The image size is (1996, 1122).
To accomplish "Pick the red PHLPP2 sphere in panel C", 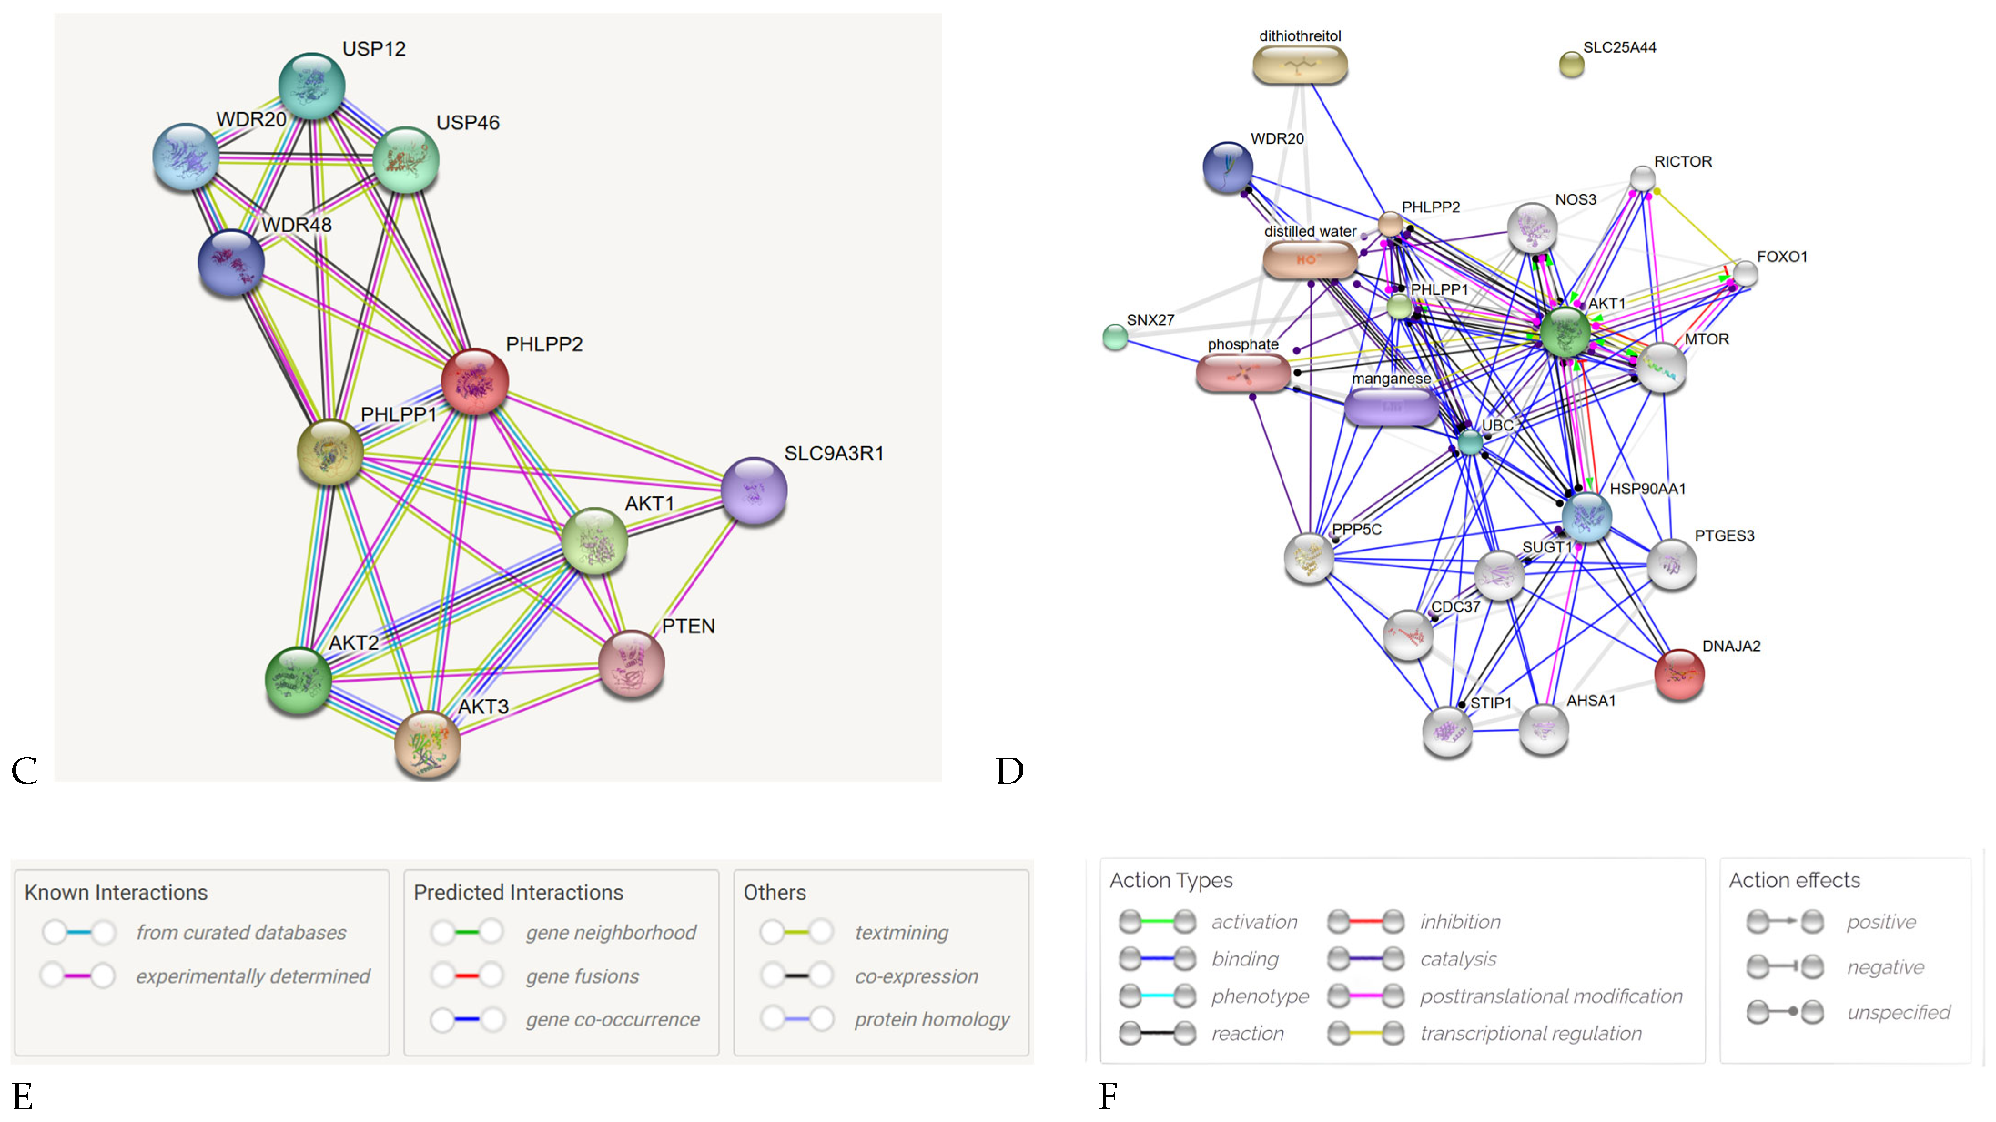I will coord(474,381).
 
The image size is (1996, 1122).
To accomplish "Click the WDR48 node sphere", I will coord(231,262).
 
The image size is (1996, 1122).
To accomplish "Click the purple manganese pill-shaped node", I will coord(1392,406).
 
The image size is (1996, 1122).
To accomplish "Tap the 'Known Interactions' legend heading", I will coord(116,893).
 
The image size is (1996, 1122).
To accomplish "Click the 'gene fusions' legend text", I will coord(582,976).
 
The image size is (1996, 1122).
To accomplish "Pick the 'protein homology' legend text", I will coord(932,1020).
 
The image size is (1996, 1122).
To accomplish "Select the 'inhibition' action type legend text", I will coord(1460,922).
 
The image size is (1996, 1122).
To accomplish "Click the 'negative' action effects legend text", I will coord(1885,967).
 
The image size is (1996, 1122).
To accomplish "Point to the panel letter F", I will coord(1108,1096).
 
